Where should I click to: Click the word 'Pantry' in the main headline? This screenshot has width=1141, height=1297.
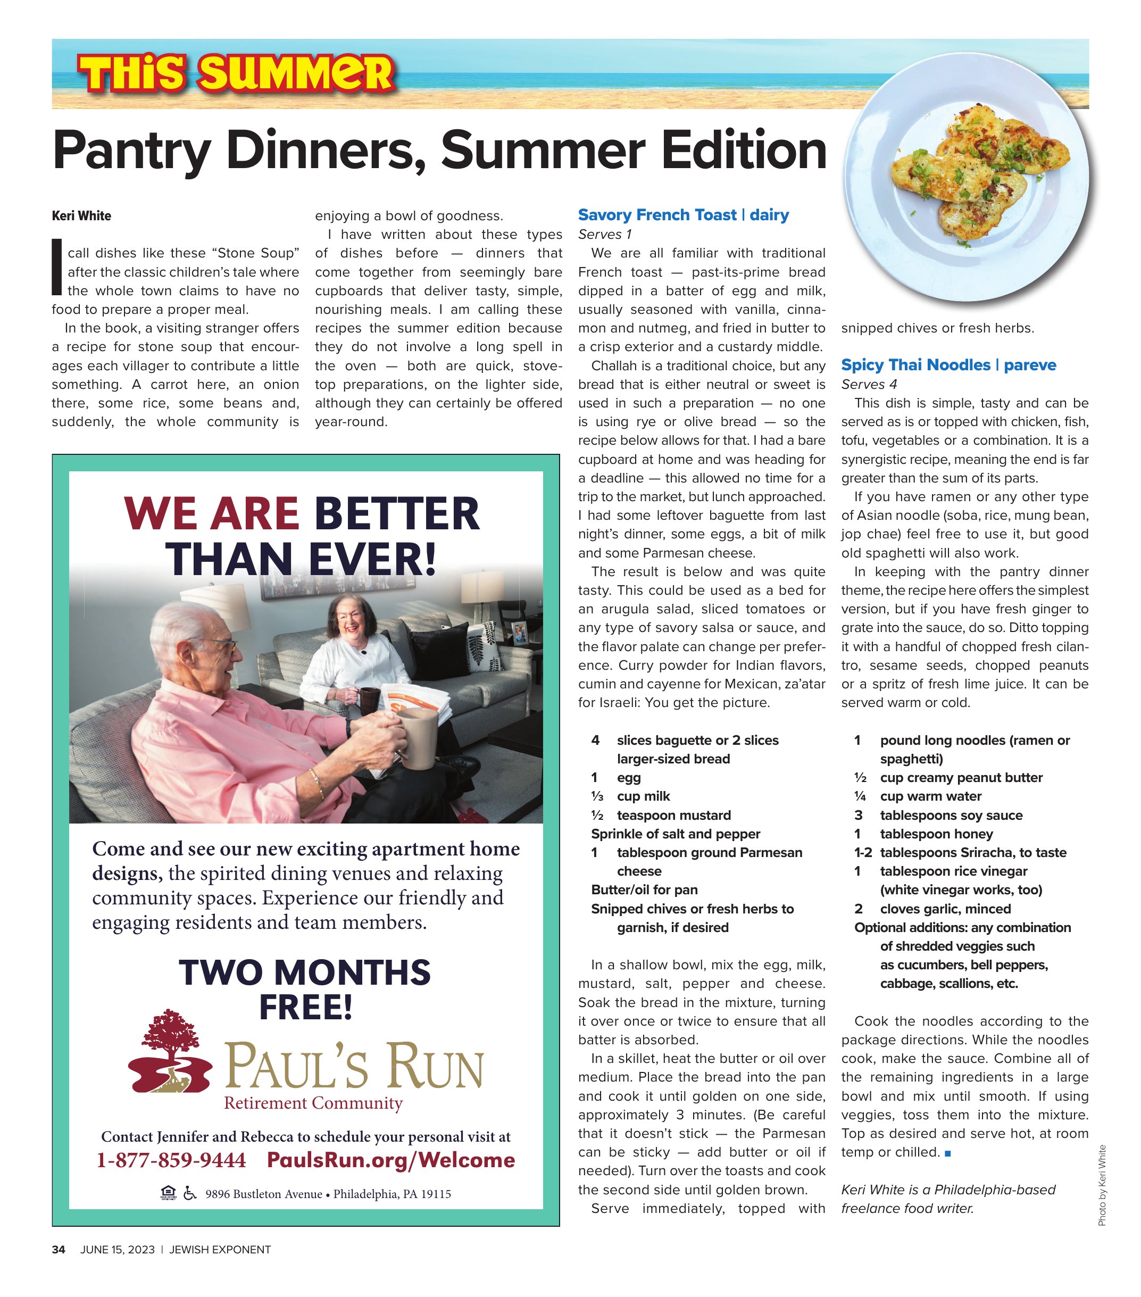coord(131,151)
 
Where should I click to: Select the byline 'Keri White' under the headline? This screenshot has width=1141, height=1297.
coord(81,216)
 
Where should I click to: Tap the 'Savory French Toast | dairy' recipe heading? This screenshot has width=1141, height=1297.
coord(684,215)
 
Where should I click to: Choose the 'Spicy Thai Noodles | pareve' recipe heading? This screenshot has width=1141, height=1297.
coord(948,365)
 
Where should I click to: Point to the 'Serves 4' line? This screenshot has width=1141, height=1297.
coord(869,384)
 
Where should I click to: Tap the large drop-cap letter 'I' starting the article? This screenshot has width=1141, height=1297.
coord(57,267)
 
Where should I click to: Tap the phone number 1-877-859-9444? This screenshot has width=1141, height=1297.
coord(171,1160)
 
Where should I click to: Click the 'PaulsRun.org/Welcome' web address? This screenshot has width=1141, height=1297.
coord(391,1160)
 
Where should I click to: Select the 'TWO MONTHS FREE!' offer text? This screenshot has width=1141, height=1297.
coord(305,990)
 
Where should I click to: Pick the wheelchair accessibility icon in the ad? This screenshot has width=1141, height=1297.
coord(189,1194)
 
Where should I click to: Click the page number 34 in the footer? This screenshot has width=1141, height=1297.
coord(59,1250)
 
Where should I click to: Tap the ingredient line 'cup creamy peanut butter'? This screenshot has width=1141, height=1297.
coord(961,777)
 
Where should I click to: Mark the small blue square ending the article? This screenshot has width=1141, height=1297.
coord(947,1152)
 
